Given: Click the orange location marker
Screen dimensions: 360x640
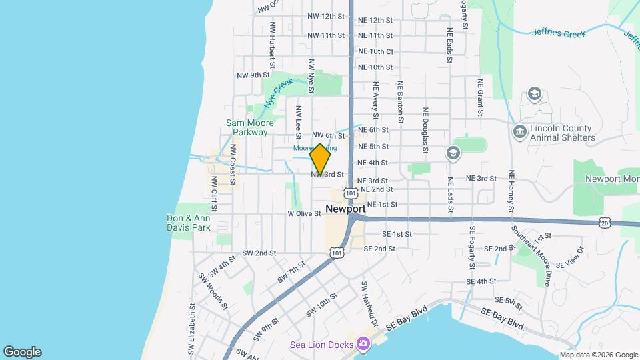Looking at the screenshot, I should (321, 159).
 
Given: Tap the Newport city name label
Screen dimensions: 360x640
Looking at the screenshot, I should (345, 209).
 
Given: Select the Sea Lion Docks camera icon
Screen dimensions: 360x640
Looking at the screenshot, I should (363, 343).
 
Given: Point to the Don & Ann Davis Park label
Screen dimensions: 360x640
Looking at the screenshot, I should (189, 223).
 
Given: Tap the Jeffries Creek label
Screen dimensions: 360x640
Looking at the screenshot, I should (559, 32).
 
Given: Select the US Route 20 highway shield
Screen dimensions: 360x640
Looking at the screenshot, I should (604, 221).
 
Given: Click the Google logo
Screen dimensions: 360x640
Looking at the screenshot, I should (22, 352).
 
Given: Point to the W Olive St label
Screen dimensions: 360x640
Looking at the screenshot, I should (305, 214).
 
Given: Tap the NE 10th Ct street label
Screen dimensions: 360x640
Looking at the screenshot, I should (375, 51).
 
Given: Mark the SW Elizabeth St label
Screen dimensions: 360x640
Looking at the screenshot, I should (191, 329).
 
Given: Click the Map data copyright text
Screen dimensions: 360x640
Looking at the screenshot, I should (598, 355).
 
